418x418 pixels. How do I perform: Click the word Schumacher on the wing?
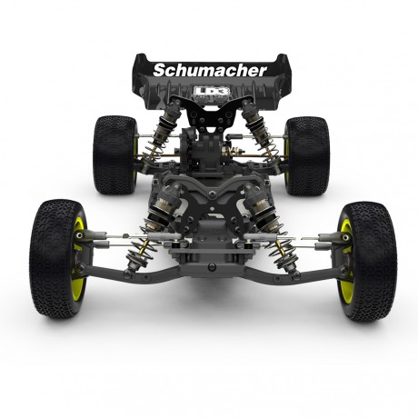point(210,70)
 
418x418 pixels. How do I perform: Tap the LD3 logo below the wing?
point(209,92)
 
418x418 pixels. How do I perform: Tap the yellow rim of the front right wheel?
point(346,260)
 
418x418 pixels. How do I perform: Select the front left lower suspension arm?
point(136,270)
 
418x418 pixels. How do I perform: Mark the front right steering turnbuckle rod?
point(307,241)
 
